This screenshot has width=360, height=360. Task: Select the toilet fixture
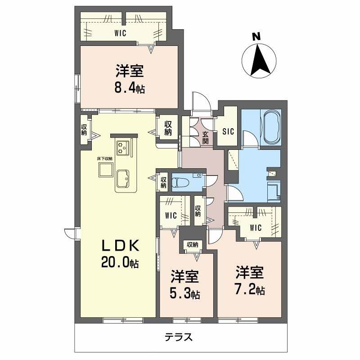pyautogui.click(x=182, y=182)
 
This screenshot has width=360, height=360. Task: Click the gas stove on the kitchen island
pyautogui.click(x=123, y=147)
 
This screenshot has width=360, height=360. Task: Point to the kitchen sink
pyautogui.click(x=123, y=179)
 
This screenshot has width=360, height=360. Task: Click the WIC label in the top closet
pyautogui.click(x=120, y=33)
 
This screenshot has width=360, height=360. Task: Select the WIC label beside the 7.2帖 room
pyautogui.click(x=256, y=228)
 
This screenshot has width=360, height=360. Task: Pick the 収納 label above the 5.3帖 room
pyautogui.click(x=192, y=244)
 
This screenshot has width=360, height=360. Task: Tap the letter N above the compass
pyautogui.click(x=256, y=37)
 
